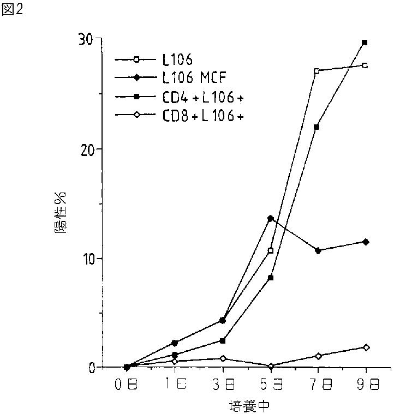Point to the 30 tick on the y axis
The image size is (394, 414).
tap(86, 39)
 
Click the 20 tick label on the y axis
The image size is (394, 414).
tap(86, 149)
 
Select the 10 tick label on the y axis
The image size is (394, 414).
tap(86, 258)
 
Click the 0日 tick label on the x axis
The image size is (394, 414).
tap(126, 385)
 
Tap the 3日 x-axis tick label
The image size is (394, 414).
tap(222, 385)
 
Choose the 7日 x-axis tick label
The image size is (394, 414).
tap(318, 385)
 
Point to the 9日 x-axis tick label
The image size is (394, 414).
tap(366, 385)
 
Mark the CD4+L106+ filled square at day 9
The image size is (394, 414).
tap(365, 42)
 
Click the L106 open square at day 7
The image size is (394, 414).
tap(317, 71)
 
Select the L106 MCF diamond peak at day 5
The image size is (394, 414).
tap(270, 218)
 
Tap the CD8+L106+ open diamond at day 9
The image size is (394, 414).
tap(366, 347)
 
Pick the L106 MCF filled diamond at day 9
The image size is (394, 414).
tap(366, 242)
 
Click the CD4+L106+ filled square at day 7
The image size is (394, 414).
tap(317, 127)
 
